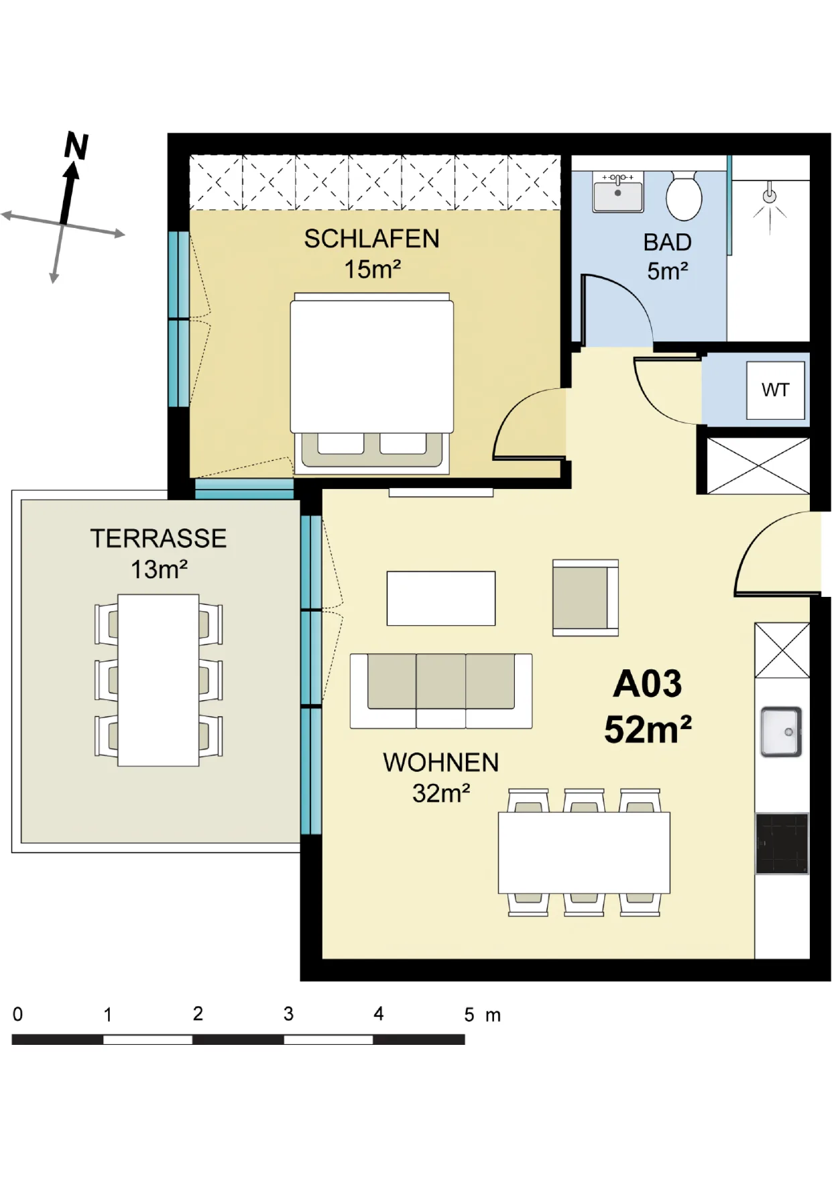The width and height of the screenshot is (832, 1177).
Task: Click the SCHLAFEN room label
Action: coord(371,239)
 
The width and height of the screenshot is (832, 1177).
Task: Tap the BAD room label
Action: coord(667,242)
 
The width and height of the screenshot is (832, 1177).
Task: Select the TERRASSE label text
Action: coord(158,539)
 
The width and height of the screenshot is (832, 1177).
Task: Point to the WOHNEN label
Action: coord(440,763)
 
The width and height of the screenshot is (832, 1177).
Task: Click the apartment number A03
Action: coord(647,684)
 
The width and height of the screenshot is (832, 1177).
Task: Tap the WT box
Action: coord(776,390)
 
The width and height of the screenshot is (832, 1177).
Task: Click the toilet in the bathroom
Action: coord(684,195)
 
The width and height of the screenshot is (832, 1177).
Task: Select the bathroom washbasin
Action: coord(617,191)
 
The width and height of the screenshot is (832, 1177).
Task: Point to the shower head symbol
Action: coord(770,197)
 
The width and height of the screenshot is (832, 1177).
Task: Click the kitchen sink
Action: coord(781,732)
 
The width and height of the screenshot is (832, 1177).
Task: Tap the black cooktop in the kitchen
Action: coord(782,844)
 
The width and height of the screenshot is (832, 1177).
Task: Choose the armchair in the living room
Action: coord(585,598)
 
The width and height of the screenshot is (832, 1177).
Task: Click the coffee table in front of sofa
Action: coord(441,598)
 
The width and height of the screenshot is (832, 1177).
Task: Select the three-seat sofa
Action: coord(441,691)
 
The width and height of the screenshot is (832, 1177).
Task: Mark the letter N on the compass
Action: coord(76,146)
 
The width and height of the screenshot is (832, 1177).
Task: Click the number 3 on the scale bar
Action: coord(288,1013)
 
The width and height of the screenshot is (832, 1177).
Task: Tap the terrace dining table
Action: coord(158,680)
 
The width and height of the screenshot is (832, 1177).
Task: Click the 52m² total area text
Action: coord(648,729)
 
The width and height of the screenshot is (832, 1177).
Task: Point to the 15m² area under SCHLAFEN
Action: coord(372,270)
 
